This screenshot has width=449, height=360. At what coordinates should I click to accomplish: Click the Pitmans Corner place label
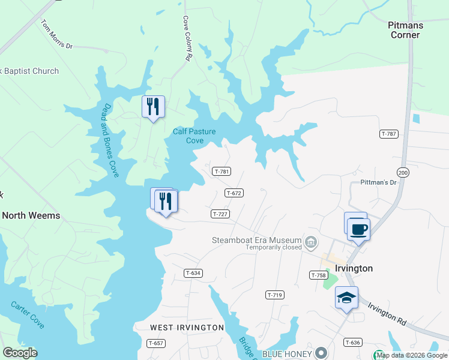click(x=405, y=30)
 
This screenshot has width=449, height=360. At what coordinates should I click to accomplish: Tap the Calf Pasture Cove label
click(x=194, y=136)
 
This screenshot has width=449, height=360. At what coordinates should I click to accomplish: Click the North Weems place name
click(x=31, y=215)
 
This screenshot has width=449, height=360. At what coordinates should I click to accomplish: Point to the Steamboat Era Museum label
click(x=257, y=240)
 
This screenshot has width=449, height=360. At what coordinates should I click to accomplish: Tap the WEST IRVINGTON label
click(x=187, y=328)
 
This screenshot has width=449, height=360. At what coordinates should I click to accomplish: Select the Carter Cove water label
click(x=27, y=314)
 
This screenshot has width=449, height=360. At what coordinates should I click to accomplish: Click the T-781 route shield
click(x=221, y=172)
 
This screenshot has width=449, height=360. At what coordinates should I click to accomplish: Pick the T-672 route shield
click(x=234, y=193)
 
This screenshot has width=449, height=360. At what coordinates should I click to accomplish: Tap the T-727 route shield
click(x=220, y=214)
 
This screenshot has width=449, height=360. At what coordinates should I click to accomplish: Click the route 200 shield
click(x=403, y=173)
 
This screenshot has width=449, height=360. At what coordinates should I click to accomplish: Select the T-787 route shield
click(x=389, y=134)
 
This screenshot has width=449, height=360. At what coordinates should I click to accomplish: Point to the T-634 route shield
click(x=193, y=273)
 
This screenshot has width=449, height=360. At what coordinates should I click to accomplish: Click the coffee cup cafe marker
click(x=358, y=229)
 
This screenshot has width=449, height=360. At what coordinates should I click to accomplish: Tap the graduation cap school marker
click(x=346, y=298)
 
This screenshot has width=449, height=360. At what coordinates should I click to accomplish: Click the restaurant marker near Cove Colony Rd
click(x=152, y=107)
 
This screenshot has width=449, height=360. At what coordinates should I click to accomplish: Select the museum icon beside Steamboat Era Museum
click(x=311, y=243)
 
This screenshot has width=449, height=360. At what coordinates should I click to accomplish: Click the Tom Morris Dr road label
click(x=56, y=35)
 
